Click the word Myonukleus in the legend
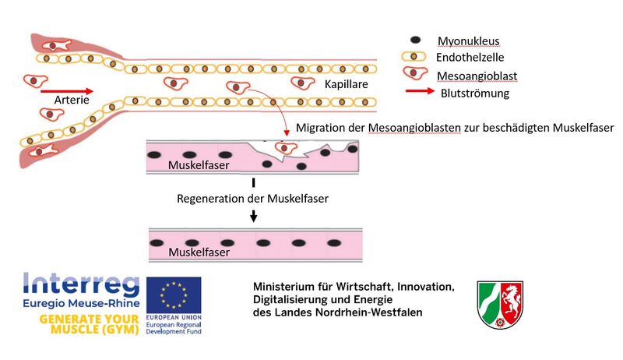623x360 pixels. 469,41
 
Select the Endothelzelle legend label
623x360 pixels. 470,58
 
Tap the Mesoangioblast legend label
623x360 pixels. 477,76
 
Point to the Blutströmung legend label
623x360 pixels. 475,94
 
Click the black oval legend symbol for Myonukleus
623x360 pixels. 415,40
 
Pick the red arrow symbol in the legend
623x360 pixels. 420,91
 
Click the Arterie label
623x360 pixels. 72,100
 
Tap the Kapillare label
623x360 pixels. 346,84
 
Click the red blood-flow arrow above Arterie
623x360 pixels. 67,91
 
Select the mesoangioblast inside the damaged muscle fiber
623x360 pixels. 286,149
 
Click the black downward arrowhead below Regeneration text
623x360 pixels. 254,217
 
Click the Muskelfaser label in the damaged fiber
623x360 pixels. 199,165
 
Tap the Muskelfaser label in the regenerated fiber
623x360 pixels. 199,252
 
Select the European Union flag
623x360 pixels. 174,295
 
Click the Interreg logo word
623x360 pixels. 82,284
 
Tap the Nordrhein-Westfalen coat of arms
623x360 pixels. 500,304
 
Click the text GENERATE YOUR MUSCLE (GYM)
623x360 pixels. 90,324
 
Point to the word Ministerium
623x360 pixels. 278,287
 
